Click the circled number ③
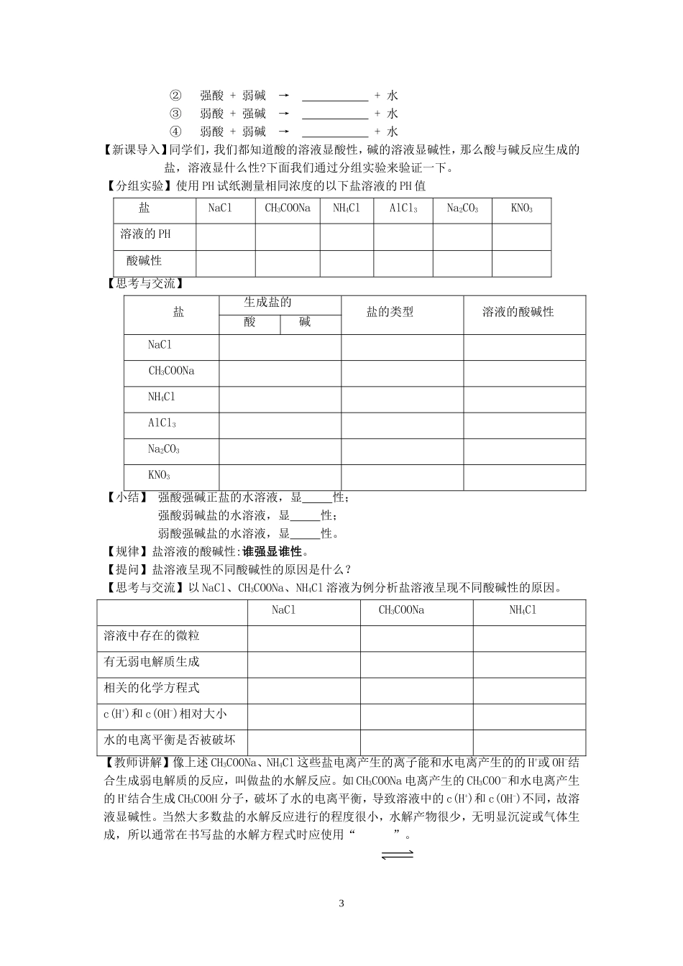(x=175, y=114)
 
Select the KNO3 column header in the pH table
(x=521, y=208)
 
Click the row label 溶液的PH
(x=146, y=234)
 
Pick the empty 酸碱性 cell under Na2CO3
(x=462, y=262)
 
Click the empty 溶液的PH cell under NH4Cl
(x=344, y=235)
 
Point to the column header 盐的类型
(x=390, y=312)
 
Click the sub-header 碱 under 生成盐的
(x=305, y=323)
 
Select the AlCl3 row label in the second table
(x=162, y=423)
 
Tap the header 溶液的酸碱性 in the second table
(x=518, y=312)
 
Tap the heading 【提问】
(x=124, y=569)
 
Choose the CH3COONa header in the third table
(x=401, y=610)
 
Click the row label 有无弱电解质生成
(x=152, y=662)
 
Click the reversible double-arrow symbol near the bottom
(x=397, y=855)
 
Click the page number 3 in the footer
(x=341, y=903)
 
